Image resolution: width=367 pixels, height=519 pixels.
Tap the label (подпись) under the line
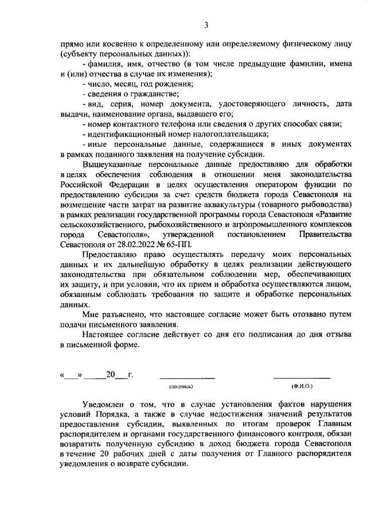click(x=186, y=387)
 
